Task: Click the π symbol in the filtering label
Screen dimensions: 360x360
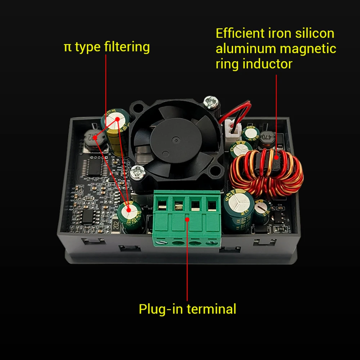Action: pyautogui.click(x=67, y=47)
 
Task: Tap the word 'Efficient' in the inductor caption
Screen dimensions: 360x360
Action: pyautogui.click(x=240, y=33)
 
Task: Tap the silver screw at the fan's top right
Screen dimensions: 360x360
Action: pyautogui.click(x=210, y=102)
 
